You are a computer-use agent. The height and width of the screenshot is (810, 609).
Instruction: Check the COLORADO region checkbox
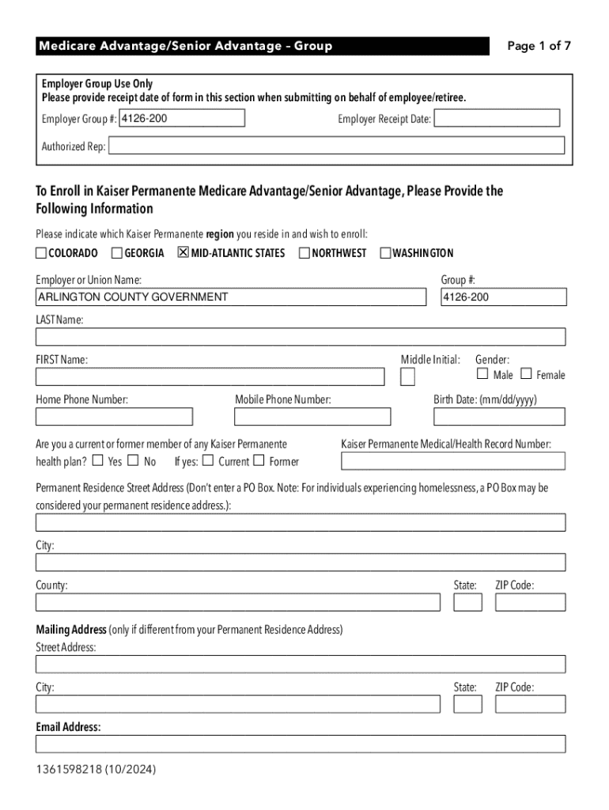pyautogui.click(x=41, y=253)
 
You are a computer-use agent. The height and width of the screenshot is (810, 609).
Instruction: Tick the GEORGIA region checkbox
pyautogui.click(x=117, y=253)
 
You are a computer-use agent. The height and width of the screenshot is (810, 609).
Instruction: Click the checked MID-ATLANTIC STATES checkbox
pyautogui.click(x=183, y=253)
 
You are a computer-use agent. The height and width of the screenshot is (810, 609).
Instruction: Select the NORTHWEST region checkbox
pyautogui.click(x=304, y=253)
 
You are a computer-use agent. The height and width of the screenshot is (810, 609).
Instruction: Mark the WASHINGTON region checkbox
pyautogui.click(x=386, y=253)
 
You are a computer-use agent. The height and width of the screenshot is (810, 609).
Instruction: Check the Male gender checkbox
pyautogui.click(x=482, y=374)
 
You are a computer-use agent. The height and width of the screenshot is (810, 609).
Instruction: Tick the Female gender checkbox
pyautogui.click(x=526, y=374)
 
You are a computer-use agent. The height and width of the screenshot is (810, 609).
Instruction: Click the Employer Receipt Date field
pyautogui.click(x=497, y=119)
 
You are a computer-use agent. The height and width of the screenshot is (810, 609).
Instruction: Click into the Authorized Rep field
pyautogui.click(x=337, y=146)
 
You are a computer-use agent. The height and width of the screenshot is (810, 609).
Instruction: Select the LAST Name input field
pyautogui.click(x=301, y=337)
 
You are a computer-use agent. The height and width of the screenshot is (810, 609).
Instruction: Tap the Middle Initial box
pyautogui.click(x=407, y=377)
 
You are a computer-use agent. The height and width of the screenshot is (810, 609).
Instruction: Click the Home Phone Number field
pyautogui.click(x=114, y=417)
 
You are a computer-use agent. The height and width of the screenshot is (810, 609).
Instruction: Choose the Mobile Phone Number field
pyautogui.click(x=312, y=417)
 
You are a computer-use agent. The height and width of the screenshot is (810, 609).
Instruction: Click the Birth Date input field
pyautogui.click(x=499, y=417)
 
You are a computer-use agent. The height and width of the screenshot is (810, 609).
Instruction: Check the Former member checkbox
pyautogui.click(x=259, y=460)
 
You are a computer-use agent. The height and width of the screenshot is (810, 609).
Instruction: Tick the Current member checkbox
pyautogui.click(x=208, y=460)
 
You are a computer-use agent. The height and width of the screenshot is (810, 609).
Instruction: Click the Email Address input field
pyautogui.click(x=301, y=744)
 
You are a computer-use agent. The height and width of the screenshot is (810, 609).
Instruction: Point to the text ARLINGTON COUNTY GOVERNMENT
pyautogui.click(x=133, y=297)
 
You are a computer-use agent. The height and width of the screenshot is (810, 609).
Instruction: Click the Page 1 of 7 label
pyautogui.click(x=539, y=46)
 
